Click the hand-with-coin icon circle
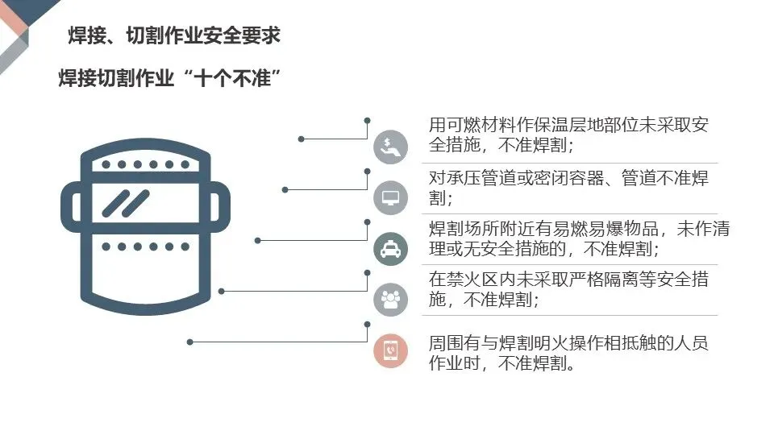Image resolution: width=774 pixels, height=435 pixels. coord(390,147)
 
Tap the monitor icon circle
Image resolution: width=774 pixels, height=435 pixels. coord(390,197)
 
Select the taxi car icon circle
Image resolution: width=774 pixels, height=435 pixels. coord(390,248)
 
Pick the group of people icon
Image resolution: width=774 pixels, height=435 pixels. coord(390,299)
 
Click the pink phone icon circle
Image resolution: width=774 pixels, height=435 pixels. coord(390,350)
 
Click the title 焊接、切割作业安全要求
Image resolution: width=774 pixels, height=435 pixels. coord(174,36)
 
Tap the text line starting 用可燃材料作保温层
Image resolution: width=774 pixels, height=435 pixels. coord(568,125)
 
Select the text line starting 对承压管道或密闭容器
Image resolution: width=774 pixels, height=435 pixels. coord(568,178)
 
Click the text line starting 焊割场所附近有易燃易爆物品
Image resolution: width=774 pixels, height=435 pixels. coord(579,229)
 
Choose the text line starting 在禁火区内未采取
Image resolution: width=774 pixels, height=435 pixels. coord(568,280)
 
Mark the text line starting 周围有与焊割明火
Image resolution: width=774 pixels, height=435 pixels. coord(568,343)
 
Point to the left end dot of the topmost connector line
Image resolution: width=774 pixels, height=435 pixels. coord(302,139)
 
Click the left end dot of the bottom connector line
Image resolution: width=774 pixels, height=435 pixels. coord(190,342)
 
